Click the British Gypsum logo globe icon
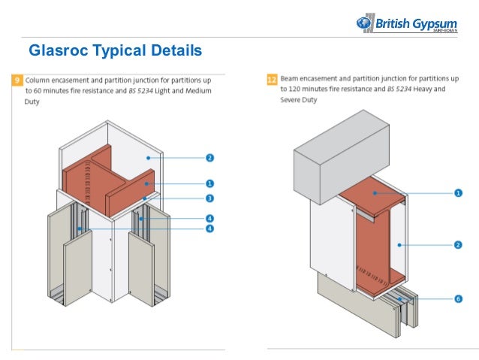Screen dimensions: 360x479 pyautogui.click(x=365, y=23)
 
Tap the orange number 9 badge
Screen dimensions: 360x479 pyautogui.click(x=17, y=79)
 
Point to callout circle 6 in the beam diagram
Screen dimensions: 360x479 pyautogui.click(x=458, y=298)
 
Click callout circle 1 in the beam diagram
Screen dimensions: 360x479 pyautogui.click(x=458, y=193)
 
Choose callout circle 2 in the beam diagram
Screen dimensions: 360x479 pyautogui.click(x=458, y=244)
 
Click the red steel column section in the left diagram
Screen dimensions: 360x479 pyautogui.click(x=113, y=177)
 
